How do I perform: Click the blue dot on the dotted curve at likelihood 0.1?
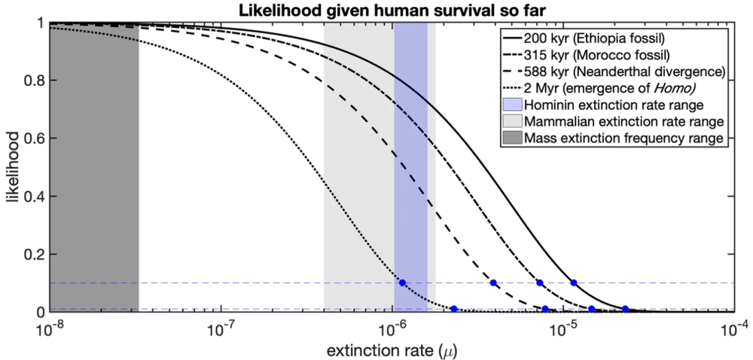coord(402,283)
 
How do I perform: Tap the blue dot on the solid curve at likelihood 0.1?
coord(574,283)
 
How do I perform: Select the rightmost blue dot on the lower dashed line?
coord(625,309)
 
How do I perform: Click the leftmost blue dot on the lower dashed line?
coord(454,309)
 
